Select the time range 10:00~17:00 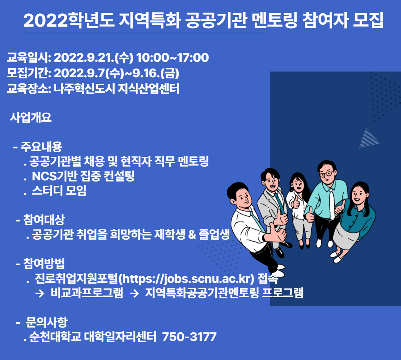click(173, 57)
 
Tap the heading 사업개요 click(31, 118)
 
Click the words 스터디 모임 click(59, 191)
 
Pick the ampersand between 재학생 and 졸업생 click(192, 234)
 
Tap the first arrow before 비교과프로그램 click(40, 293)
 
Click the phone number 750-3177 click(189, 337)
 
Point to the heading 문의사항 click(46, 322)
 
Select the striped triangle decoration click(369, 138)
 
